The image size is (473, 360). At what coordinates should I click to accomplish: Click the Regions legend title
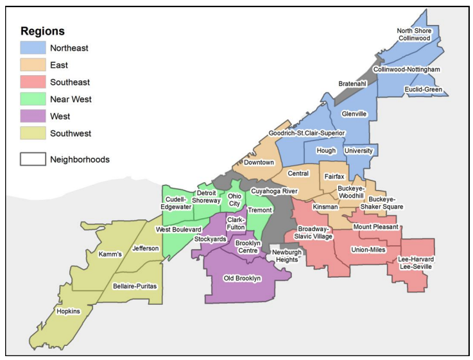coord(42,31)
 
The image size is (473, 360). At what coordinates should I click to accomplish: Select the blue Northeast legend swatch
coord(32,47)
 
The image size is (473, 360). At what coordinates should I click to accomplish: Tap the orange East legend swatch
coord(32,65)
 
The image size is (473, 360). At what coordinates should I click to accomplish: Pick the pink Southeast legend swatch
coord(32,82)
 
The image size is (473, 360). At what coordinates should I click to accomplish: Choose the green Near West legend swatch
coord(32,99)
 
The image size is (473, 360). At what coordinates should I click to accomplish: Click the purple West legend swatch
coord(32,117)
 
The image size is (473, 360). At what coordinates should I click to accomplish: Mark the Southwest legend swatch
coord(32,133)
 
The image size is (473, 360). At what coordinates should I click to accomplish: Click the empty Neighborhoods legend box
coord(32,159)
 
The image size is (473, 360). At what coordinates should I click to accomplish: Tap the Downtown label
coord(259,162)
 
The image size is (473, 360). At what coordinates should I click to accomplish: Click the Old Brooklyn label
coord(242,279)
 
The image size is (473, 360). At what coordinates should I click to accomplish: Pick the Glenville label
coord(354,114)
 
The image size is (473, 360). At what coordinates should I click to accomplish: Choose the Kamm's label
coord(110,254)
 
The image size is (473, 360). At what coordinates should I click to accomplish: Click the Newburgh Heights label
coord(286,256)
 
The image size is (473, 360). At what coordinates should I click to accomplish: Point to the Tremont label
coord(260,210)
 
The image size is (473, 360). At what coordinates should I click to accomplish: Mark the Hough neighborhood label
coord(326,150)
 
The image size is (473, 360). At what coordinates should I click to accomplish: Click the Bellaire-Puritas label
coord(134,286)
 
